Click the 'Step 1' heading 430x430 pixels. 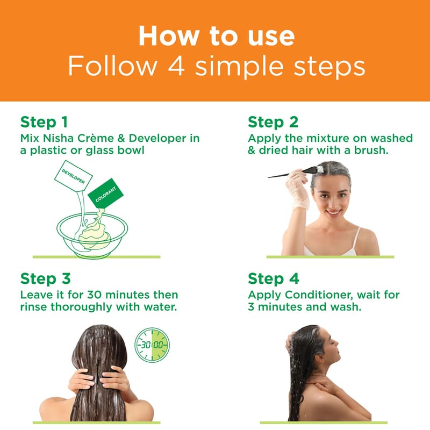tap(44, 122)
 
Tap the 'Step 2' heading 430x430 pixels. tap(273, 122)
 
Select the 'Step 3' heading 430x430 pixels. tap(46, 278)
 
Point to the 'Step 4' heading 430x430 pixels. tap(274, 278)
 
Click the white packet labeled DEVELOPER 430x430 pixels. tap(73, 176)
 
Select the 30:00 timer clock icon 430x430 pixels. tap(152, 345)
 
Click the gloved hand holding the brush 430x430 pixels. tap(298, 189)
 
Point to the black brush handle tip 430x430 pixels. tap(268, 177)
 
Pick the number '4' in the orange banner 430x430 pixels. tap(176, 66)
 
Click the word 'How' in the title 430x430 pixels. tap(169, 36)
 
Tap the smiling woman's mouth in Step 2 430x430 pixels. tap(333, 212)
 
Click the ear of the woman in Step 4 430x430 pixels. tap(319, 357)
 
